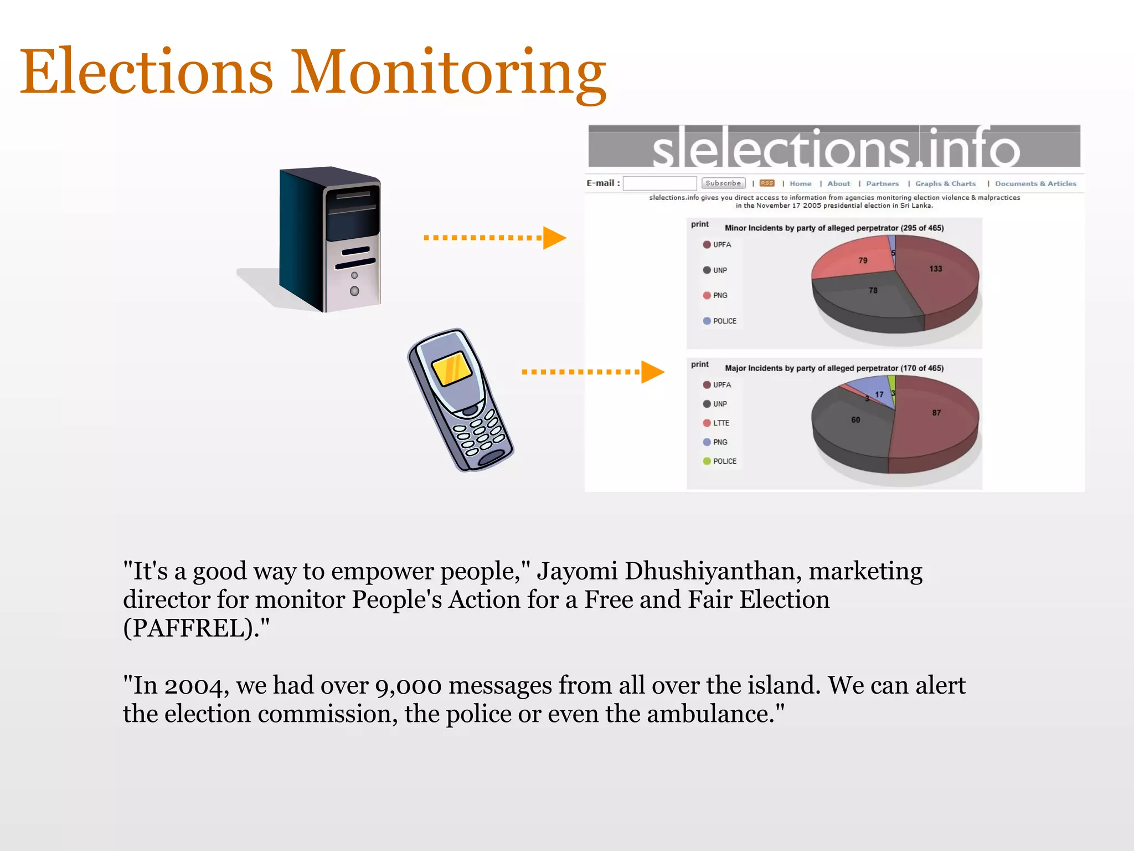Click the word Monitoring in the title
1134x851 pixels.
(x=449, y=72)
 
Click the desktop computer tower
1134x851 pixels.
(x=331, y=239)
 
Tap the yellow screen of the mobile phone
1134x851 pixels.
(x=451, y=368)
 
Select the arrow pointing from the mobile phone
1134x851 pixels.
(x=592, y=372)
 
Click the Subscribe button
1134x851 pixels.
(x=723, y=183)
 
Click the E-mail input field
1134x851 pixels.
(x=659, y=183)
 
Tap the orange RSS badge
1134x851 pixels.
(x=767, y=183)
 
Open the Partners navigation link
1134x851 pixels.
(x=883, y=184)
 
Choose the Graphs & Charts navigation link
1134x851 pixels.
(x=945, y=184)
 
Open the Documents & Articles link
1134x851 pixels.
(x=1035, y=184)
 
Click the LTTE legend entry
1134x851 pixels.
(x=720, y=423)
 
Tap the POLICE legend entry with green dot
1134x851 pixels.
(x=724, y=462)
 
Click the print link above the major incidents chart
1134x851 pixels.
(x=700, y=365)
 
